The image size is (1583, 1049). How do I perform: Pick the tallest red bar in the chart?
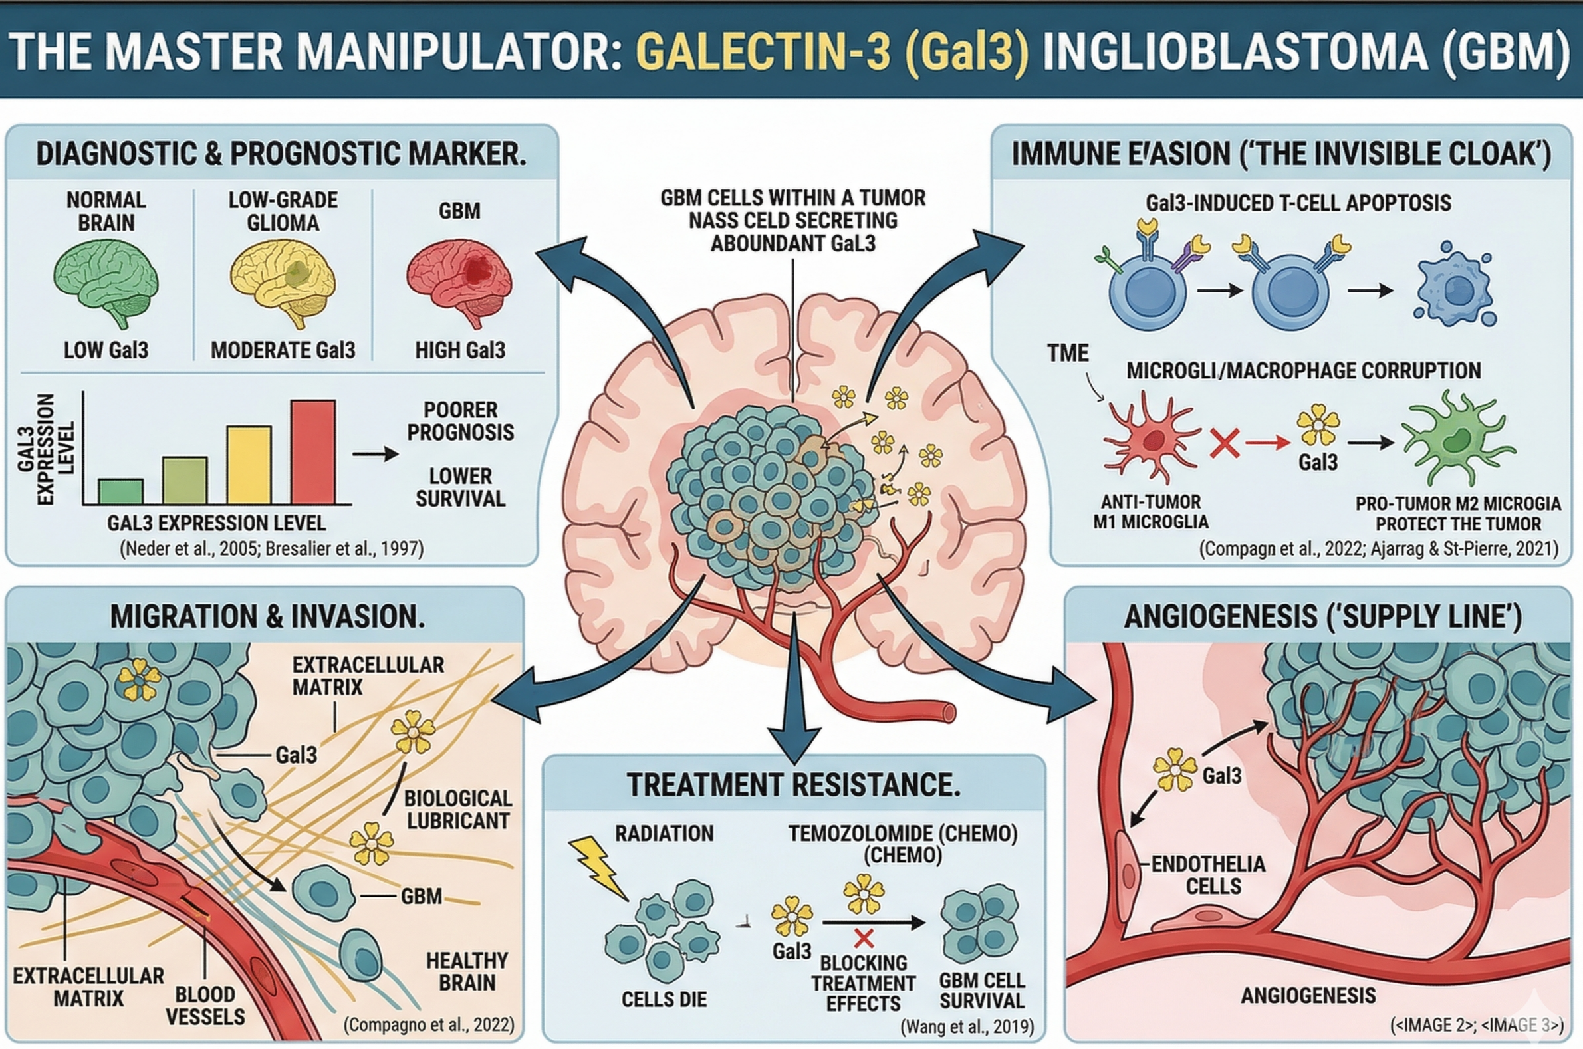click(x=313, y=451)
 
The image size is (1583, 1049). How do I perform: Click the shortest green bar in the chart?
click(x=120, y=491)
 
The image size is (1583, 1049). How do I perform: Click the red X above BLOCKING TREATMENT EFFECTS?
click(x=864, y=939)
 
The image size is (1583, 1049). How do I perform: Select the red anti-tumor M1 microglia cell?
click(x=1151, y=439)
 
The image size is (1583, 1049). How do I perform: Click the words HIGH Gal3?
click(x=459, y=350)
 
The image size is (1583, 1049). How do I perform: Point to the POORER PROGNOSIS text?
click(x=460, y=421)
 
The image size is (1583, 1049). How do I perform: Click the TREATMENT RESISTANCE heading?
click(x=794, y=784)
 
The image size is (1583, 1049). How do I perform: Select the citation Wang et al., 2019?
click(x=967, y=1026)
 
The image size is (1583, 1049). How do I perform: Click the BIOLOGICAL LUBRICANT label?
click(x=457, y=810)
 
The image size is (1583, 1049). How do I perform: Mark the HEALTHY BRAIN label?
click(x=467, y=971)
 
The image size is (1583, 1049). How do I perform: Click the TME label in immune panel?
click(x=1068, y=353)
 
